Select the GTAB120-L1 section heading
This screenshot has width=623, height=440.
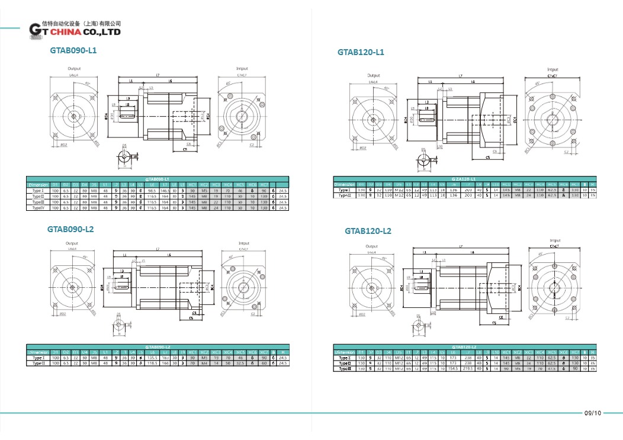click(361, 52)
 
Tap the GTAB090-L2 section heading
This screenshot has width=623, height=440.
click(70, 229)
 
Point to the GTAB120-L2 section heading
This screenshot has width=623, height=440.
click(368, 231)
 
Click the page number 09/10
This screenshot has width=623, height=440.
click(592, 413)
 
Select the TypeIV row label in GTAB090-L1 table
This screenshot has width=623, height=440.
click(38, 208)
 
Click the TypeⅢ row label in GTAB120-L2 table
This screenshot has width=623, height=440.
click(345, 368)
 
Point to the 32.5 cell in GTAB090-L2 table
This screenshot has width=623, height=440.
click(242, 363)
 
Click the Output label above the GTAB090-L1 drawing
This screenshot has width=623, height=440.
click(74, 69)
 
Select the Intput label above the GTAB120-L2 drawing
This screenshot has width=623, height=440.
click(554, 240)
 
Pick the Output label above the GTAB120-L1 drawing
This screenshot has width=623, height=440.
click(374, 76)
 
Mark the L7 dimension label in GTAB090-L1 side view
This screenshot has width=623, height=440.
click(158, 75)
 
